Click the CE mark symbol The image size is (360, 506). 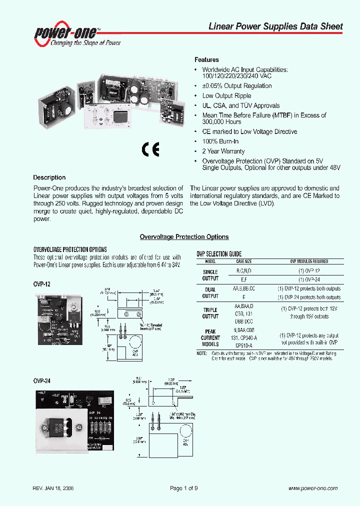pos(150,150)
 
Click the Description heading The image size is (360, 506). pos(49,177)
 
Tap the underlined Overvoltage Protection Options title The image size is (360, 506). pos(184,237)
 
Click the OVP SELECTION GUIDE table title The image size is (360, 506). pos(219,254)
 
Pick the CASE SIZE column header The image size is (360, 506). pos(244,261)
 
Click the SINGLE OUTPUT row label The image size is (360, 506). pos(210,275)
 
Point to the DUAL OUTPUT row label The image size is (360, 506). pos(210,292)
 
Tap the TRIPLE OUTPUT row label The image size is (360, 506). pos(210,313)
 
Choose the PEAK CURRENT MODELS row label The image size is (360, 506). pos(210,337)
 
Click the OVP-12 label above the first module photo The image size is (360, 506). pos(41,283)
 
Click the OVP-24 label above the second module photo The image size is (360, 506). pos(41,380)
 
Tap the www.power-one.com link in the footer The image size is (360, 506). pos(313,488)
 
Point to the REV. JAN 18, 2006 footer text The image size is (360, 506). pos(53,488)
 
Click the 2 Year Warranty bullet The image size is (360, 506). pos(223,151)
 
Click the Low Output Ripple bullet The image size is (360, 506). pos(226,95)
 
